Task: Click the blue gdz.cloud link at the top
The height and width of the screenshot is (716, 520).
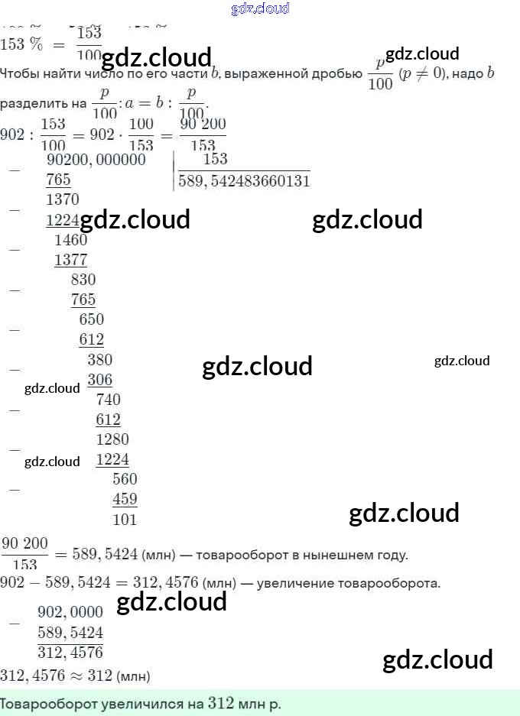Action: click(260, 9)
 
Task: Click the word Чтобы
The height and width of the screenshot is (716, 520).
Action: click(18, 74)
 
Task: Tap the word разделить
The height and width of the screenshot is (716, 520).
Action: click(33, 102)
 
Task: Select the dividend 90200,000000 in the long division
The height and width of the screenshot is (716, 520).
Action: click(96, 160)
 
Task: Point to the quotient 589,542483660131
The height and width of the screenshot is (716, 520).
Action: click(244, 181)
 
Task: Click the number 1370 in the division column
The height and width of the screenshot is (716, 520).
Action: click(62, 199)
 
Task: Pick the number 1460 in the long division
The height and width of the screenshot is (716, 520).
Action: click(71, 239)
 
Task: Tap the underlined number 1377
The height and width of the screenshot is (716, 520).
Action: click(71, 260)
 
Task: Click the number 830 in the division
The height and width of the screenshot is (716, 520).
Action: click(83, 280)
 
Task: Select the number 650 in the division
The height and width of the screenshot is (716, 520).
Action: click(91, 319)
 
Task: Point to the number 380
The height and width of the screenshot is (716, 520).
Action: click(99, 360)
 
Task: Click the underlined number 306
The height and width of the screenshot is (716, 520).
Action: click(99, 380)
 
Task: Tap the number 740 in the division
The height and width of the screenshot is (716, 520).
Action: click(108, 400)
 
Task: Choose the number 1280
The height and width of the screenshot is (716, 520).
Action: click(112, 439)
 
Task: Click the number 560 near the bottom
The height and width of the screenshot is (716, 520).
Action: click(125, 479)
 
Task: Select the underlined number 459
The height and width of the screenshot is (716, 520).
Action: click(125, 500)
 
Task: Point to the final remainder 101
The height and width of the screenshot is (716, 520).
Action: click(125, 520)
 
